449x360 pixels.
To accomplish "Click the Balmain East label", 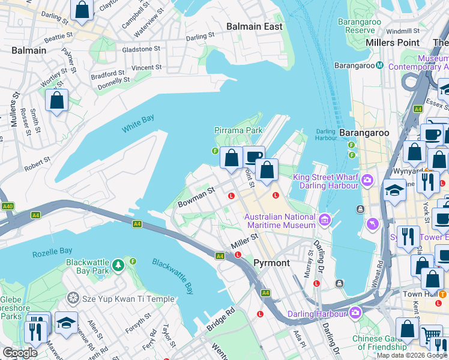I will pos(254,26).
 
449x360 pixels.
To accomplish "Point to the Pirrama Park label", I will pos(238,130).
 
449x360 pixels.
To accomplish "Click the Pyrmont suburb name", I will pos(271,263).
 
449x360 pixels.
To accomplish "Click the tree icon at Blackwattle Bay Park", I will pos(118,263).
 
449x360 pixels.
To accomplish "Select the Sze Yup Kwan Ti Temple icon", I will pos(73,298).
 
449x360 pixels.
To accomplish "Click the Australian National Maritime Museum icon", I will pos(325,220).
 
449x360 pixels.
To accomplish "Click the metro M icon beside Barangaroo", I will pos(379,65).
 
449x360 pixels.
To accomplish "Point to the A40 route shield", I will pos(8,206).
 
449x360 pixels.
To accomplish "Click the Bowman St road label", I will pos(196,197).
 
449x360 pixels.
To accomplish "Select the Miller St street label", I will pos(244,241).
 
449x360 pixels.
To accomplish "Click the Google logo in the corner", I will pos(20,353).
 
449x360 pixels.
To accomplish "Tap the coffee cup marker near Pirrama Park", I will pos(253,157).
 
